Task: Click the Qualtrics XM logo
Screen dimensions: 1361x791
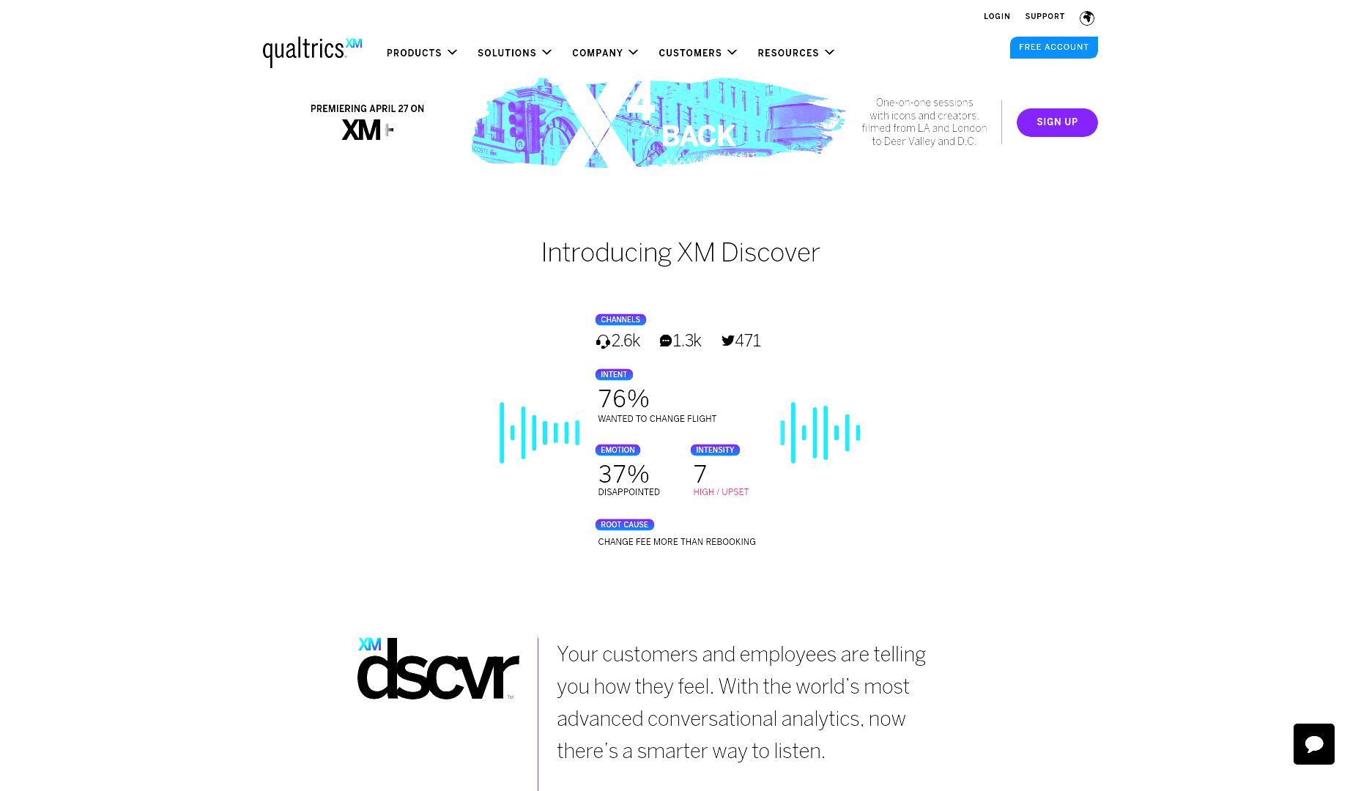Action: click(x=312, y=53)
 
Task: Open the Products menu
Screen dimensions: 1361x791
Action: click(x=421, y=53)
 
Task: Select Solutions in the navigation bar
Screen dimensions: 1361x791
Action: click(x=514, y=53)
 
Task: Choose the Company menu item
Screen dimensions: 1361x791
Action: click(x=605, y=53)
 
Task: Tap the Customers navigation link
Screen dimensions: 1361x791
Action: click(x=697, y=53)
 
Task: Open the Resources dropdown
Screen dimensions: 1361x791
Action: click(x=796, y=53)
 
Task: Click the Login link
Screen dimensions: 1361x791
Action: click(x=997, y=17)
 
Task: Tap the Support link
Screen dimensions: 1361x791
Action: click(x=1045, y=17)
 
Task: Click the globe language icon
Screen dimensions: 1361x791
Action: click(x=1087, y=18)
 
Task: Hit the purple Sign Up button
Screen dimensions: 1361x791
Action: click(x=1057, y=122)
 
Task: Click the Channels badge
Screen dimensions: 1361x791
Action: click(x=620, y=319)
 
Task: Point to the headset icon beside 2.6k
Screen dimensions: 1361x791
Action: click(x=603, y=342)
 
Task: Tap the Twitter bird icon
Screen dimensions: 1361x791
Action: click(x=727, y=341)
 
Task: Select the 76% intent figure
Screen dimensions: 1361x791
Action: click(x=623, y=399)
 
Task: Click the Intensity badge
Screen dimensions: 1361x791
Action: click(x=715, y=450)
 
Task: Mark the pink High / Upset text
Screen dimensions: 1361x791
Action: click(x=721, y=492)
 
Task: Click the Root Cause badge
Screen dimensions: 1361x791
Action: click(x=624, y=524)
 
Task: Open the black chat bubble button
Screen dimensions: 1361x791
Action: click(x=1314, y=744)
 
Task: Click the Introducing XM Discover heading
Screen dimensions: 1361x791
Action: click(x=680, y=253)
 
